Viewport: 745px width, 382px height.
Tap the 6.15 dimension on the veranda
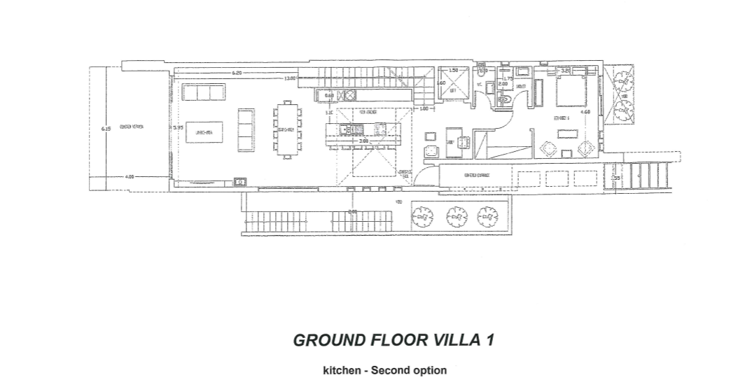[106, 129]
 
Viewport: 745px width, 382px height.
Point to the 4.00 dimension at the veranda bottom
[130, 177]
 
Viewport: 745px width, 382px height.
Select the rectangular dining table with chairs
[287, 130]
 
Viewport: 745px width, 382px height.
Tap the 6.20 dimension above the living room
[237, 73]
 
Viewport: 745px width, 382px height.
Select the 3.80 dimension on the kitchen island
[363, 141]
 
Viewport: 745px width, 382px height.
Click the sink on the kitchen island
[348, 129]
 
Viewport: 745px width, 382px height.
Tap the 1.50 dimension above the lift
[453, 70]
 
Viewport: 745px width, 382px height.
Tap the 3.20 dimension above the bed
[565, 70]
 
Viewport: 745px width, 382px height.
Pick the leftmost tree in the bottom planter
[422, 217]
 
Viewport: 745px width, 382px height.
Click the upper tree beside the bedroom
[622, 79]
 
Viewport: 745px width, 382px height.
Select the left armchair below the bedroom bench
[550, 148]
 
